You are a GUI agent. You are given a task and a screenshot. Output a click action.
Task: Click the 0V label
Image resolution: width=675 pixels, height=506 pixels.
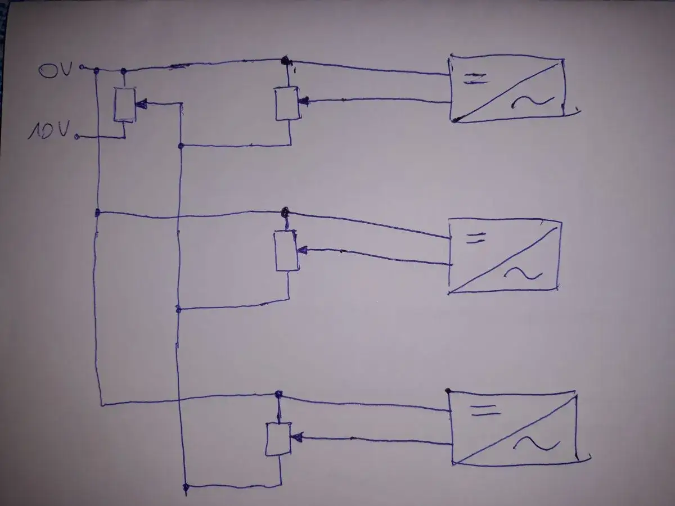click(56, 70)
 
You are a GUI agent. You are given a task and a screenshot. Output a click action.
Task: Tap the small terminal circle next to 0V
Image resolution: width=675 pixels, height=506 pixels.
click(82, 67)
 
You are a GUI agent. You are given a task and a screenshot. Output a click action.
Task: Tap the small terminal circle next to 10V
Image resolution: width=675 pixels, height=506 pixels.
click(77, 137)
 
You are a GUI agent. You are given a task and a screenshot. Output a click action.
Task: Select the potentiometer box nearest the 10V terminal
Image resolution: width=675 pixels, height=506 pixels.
click(125, 105)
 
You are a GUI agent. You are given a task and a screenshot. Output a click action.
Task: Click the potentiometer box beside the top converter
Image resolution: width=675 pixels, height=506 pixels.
click(287, 103)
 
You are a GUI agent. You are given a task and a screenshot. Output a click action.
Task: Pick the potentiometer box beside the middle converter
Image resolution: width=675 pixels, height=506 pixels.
click(286, 251)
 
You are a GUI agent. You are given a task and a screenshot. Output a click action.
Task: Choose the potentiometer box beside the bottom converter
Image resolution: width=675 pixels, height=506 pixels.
click(278, 439)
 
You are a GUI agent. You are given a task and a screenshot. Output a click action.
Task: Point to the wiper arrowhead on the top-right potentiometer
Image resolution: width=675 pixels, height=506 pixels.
click(304, 101)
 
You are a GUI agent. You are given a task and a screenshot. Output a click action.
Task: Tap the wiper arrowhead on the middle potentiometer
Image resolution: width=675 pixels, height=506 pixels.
click(303, 250)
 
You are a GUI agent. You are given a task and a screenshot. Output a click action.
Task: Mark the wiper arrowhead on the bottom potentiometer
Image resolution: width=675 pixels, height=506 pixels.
click(296, 437)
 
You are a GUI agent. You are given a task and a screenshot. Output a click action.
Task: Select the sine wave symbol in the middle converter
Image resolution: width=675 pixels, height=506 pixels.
click(523, 273)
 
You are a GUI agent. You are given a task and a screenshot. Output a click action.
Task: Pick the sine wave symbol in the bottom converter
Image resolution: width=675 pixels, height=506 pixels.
click(537, 444)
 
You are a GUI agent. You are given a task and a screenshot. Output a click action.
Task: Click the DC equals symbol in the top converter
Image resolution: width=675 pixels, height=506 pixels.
click(475, 79)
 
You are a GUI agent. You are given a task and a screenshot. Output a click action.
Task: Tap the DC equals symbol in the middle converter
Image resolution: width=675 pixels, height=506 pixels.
click(476, 238)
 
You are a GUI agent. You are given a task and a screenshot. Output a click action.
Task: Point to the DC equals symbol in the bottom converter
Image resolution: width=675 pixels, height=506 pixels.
click(485, 411)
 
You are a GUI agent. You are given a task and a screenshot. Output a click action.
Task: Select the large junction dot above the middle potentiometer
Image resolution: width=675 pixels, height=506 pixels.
click(285, 212)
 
